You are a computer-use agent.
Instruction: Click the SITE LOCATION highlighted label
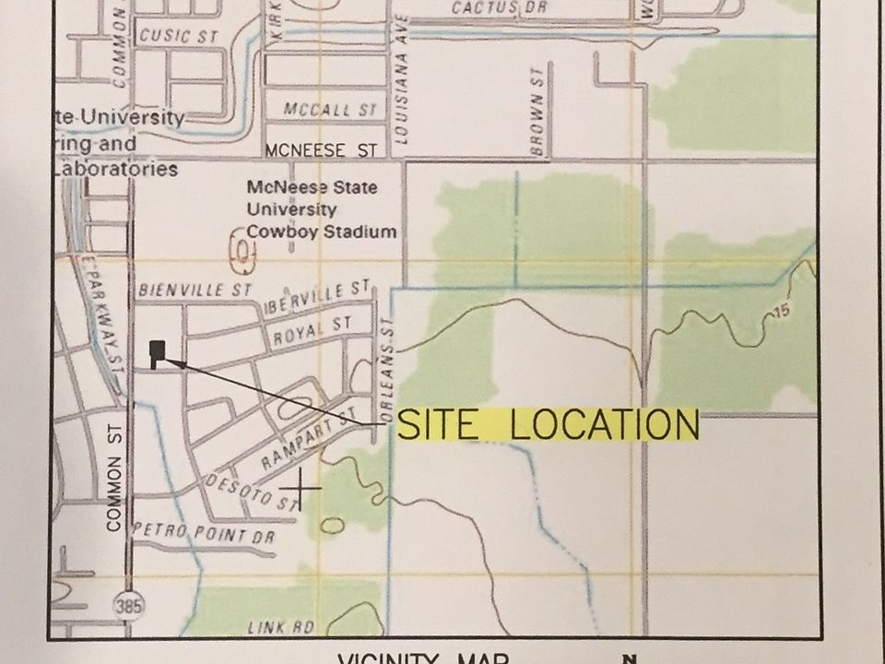click(x=548, y=425)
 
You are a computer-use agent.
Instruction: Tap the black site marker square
click(x=158, y=350)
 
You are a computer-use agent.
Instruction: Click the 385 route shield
click(x=129, y=605)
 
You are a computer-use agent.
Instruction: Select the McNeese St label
click(x=321, y=149)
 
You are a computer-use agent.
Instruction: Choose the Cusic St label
click(x=178, y=36)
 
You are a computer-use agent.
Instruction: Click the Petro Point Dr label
click(x=204, y=533)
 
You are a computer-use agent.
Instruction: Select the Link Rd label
click(x=281, y=627)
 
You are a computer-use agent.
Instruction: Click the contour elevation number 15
click(x=782, y=313)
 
